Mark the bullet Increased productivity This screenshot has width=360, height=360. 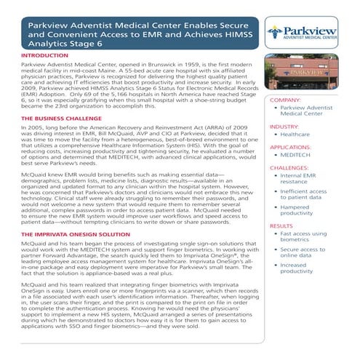(315, 270)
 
